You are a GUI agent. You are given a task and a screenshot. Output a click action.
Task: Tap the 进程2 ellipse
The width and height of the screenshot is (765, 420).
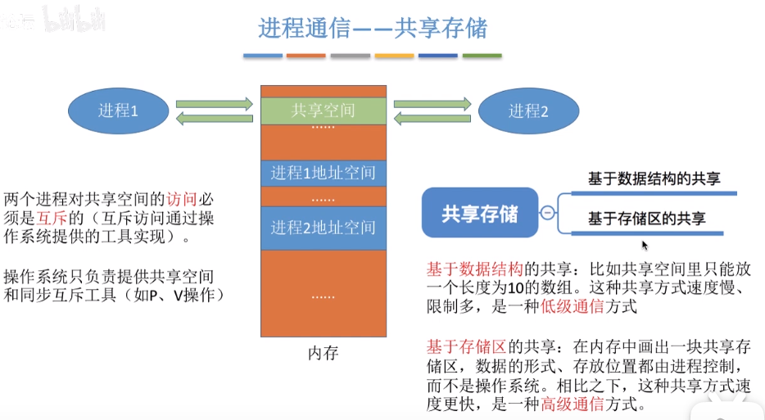click(x=528, y=111)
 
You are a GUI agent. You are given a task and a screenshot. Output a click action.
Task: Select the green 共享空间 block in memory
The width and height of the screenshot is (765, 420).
click(x=323, y=111)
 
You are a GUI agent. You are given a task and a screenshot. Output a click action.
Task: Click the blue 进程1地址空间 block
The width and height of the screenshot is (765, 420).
click(x=323, y=173)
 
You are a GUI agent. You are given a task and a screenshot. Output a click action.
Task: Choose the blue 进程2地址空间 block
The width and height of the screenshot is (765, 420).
click(x=323, y=227)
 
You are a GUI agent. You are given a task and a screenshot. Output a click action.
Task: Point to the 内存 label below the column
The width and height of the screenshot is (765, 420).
click(x=323, y=354)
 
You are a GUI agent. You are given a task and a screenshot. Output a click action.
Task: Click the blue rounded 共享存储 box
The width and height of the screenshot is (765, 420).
click(x=480, y=214)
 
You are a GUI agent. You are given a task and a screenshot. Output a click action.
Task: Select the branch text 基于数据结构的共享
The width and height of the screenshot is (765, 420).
click(x=654, y=179)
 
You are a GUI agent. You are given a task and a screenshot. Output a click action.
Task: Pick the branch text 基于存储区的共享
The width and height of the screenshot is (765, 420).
click(x=647, y=219)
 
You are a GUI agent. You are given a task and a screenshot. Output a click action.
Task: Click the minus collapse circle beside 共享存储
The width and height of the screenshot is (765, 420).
click(x=546, y=214)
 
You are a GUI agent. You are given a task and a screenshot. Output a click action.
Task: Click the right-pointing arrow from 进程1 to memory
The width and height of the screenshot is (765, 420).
click(x=215, y=104)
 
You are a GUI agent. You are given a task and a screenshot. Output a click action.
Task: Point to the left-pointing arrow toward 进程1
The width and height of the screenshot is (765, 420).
click(x=215, y=120)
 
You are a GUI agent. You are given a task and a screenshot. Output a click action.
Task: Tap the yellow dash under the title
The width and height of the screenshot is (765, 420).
click(x=394, y=56)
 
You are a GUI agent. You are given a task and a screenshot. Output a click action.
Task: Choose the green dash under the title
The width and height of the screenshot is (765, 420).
click(x=482, y=56)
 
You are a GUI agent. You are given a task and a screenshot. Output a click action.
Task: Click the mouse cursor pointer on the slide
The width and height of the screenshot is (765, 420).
click(x=645, y=244)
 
